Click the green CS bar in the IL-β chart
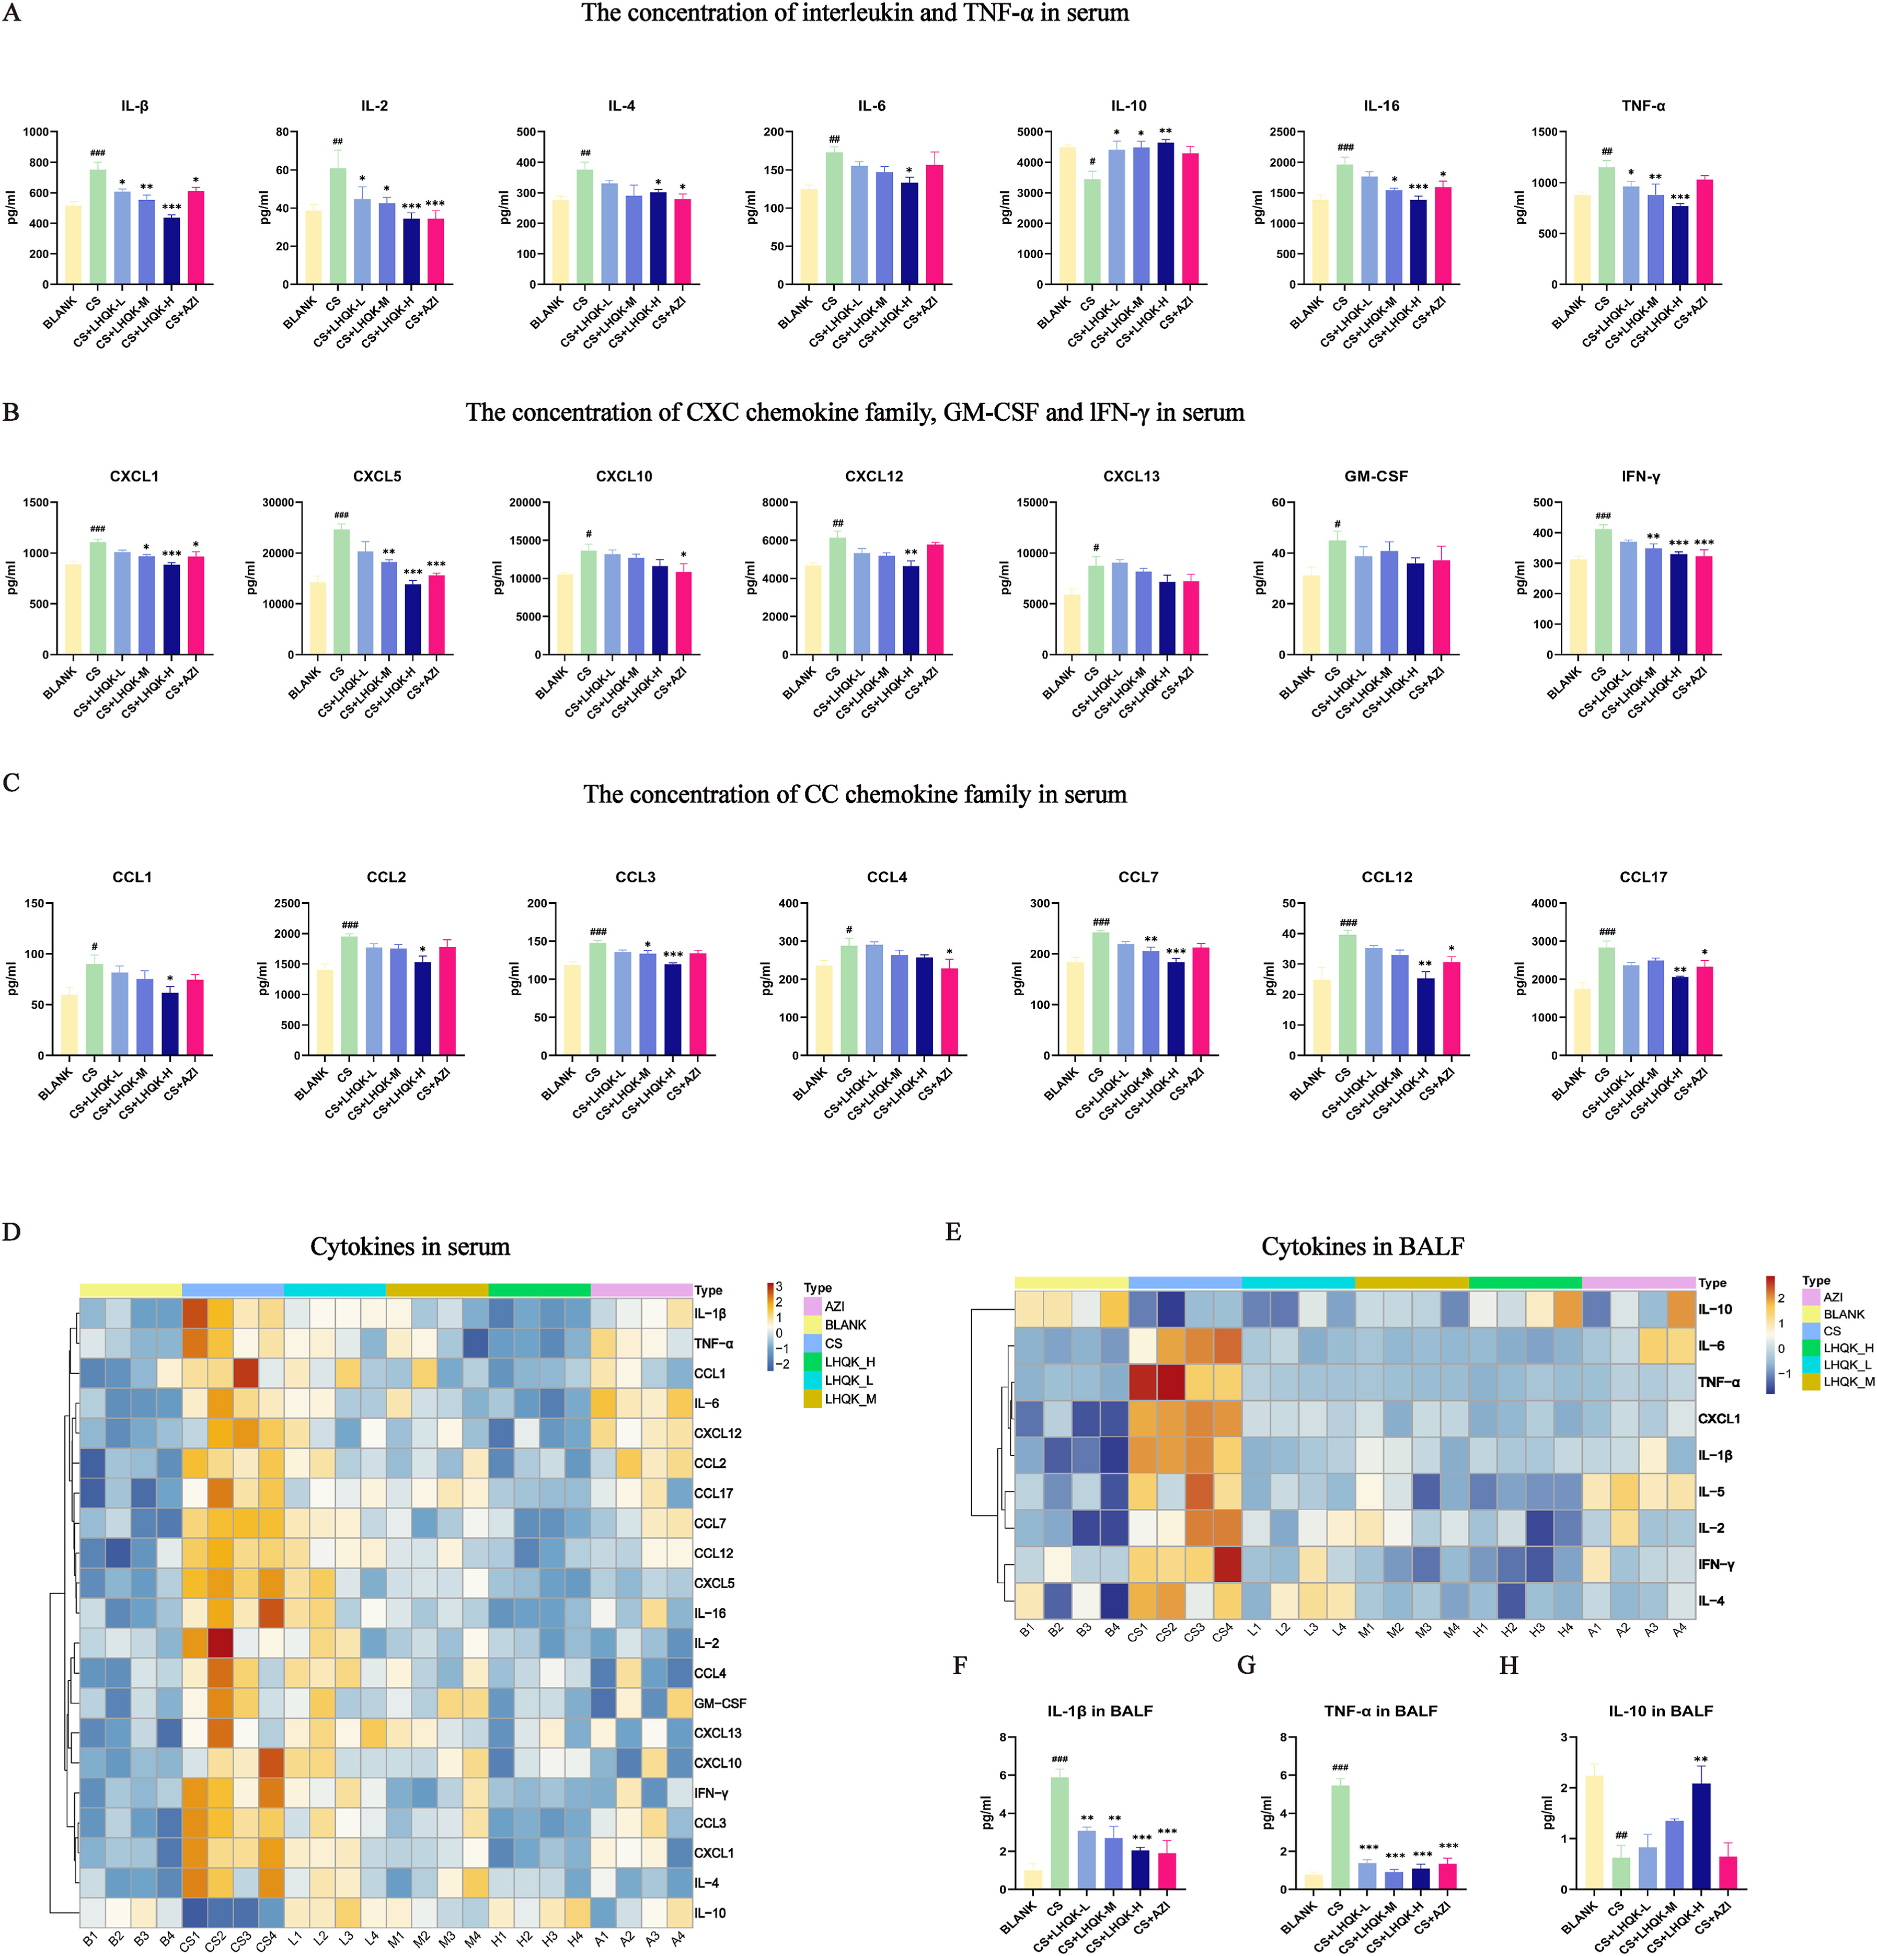tap(98, 227)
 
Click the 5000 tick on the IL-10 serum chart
tap(1029, 132)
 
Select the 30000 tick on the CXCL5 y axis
tap(278, 502)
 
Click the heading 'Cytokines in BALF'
tap(1362, 1247)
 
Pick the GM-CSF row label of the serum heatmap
tap(719, 1702)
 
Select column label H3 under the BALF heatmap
tap(1537, 1630)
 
